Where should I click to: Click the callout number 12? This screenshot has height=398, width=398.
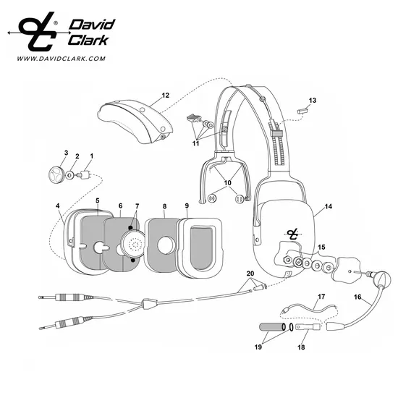pos(165,96)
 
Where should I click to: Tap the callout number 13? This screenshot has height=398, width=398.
pos(313,101)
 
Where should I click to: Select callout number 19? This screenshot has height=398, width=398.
pos(258,347)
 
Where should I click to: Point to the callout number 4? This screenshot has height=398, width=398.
pos(58,206)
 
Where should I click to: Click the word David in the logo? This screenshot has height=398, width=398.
pos(92,25)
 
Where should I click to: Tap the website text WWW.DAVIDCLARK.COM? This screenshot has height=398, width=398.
pos(62,59)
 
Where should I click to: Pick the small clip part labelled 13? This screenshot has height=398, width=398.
pos(302,111)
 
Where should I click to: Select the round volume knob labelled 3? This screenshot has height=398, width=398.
pos(56,175)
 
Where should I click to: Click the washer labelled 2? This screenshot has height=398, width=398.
pos(69,174)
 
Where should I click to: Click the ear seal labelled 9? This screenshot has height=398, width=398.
pos(200,247)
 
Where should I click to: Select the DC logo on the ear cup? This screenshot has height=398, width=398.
pos(294,234)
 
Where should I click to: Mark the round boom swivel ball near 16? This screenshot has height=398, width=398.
pos(381,279)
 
